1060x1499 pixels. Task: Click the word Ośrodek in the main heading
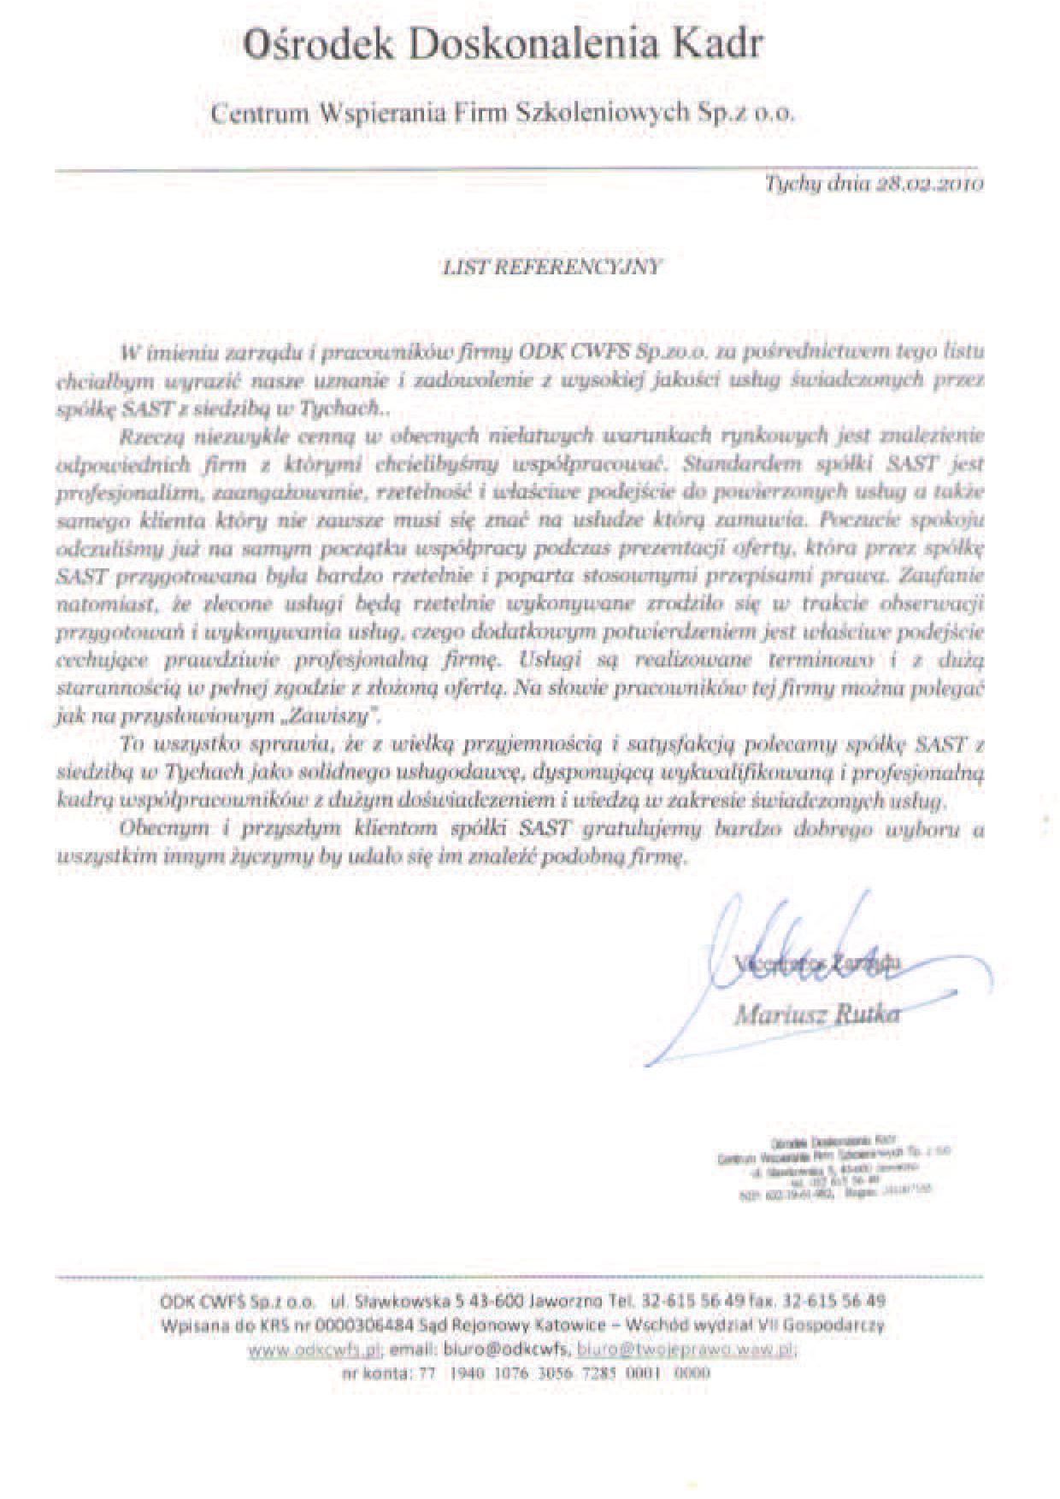coord(318,45)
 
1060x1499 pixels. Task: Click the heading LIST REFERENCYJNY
coord(551,267)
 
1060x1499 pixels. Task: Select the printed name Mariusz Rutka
coord(816,1014)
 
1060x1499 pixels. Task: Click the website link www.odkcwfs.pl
coord(313,1350)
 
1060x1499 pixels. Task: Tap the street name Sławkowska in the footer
coord(396,1302)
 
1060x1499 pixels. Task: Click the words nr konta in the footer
coord(374,1374)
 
